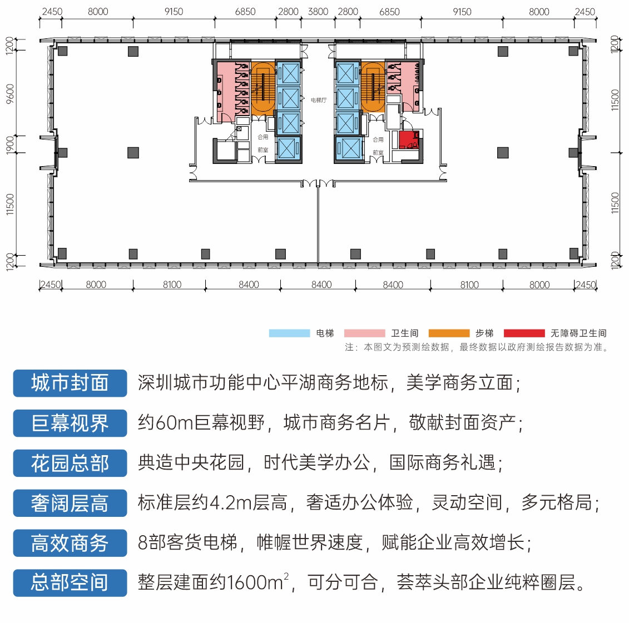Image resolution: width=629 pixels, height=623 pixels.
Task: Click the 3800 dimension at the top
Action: point(318,12)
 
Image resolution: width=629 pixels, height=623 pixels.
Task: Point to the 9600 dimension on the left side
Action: point(10,93)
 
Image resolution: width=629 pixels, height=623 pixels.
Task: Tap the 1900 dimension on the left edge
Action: point(10,144)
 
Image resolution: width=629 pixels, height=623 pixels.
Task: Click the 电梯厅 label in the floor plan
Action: point(319,100)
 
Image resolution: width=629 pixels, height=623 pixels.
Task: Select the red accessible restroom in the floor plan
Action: point(409,139)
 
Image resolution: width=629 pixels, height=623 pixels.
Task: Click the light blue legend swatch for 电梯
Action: point(289,333)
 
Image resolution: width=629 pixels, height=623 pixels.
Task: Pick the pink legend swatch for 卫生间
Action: point(365,333)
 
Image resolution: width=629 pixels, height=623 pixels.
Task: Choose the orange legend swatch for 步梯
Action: point(449,333)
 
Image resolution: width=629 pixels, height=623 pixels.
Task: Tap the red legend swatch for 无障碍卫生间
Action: point(524,333)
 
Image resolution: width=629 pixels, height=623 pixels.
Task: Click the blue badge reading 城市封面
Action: point(70,383)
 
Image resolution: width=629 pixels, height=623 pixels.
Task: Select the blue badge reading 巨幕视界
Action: point(70,423)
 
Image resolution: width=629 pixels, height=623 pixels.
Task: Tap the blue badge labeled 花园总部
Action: point(70,463)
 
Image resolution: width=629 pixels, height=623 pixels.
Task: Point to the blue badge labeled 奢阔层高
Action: point(70,503)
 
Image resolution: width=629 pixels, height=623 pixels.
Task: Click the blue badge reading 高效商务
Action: point(70,543)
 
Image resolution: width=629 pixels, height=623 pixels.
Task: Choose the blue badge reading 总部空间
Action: point(70,582)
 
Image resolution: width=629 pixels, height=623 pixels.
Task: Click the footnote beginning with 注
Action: point(476,347)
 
